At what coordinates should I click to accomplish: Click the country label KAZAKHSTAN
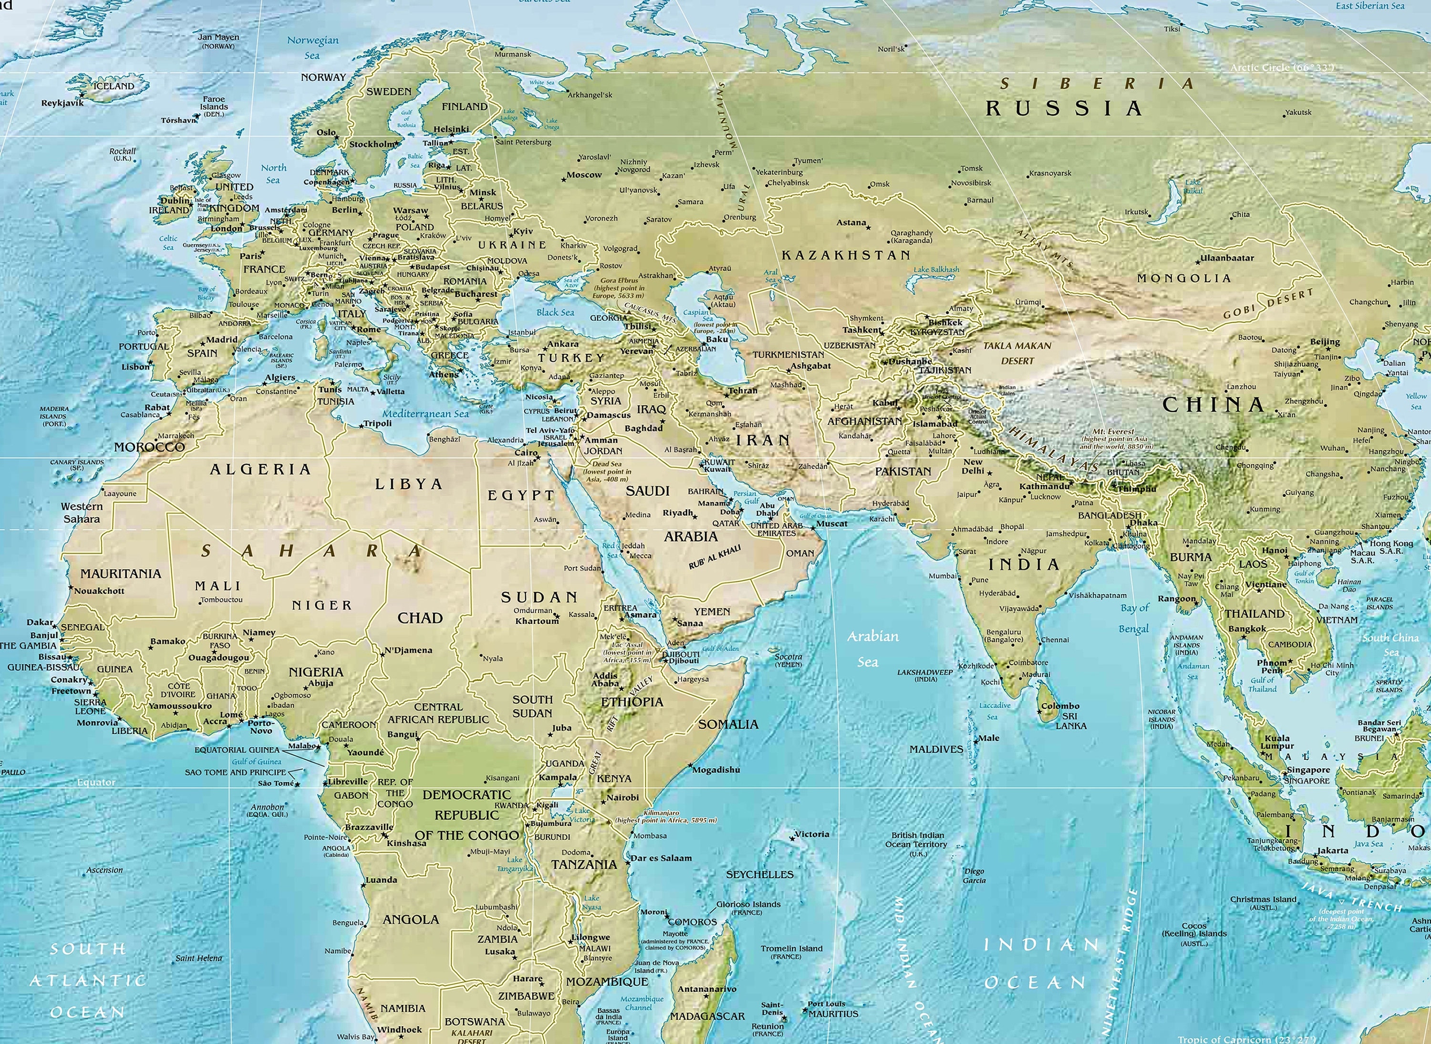tap(846, 255)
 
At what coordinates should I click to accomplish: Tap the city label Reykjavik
tap(62, 103)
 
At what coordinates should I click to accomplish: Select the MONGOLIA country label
tap(1184, 278)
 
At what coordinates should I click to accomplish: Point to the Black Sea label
tap(555, 312)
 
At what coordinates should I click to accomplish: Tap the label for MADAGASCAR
tap(707, 1015)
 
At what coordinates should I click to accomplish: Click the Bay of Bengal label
tap(1135, 618)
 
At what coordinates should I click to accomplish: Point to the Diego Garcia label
tap(974, 876)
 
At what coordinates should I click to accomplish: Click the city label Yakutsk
tap(1298, 113)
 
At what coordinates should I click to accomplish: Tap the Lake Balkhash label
tap(936, 269)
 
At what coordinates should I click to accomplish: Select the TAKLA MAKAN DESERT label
tap(1016, 353)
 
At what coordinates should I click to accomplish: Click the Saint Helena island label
tap(198, 958)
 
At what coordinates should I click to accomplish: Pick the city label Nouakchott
tap(99, 591)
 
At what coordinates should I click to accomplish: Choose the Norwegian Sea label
tap(313, 47)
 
